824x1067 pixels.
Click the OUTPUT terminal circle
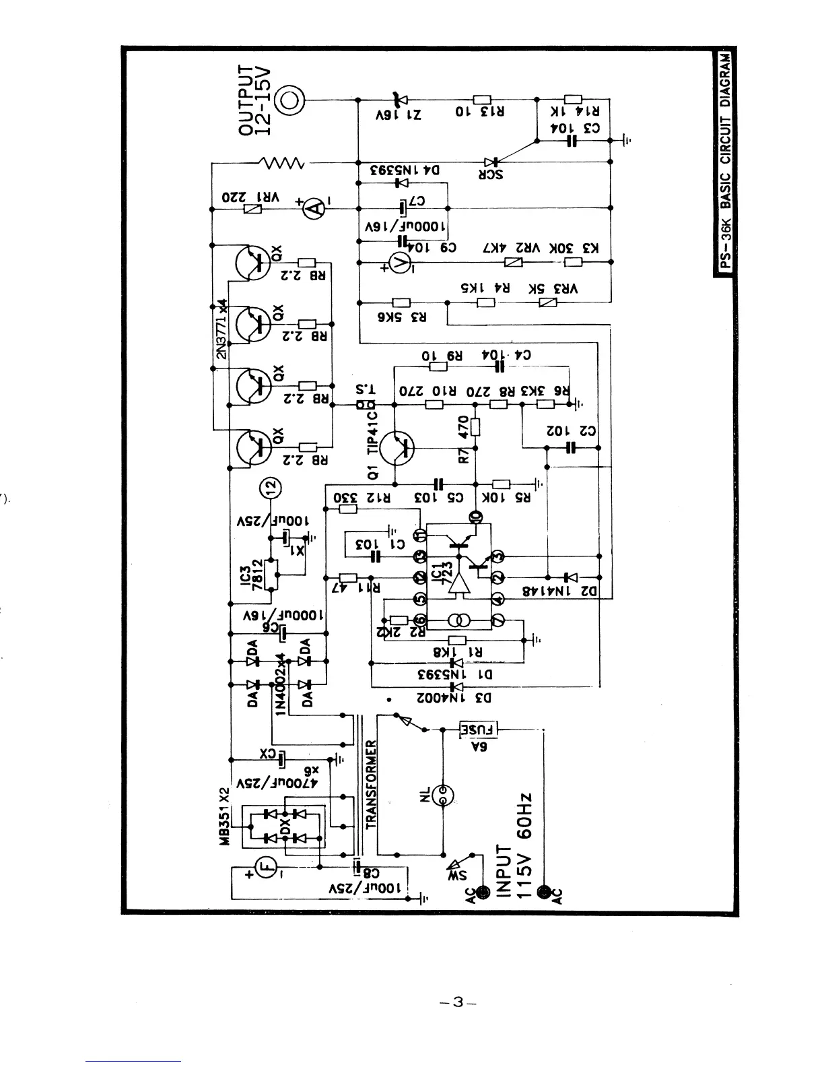pos(291,100)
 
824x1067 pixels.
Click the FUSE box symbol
pos(478,729)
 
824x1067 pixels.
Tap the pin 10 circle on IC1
pos(475,517)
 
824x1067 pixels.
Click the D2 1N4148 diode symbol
pos(571,577)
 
